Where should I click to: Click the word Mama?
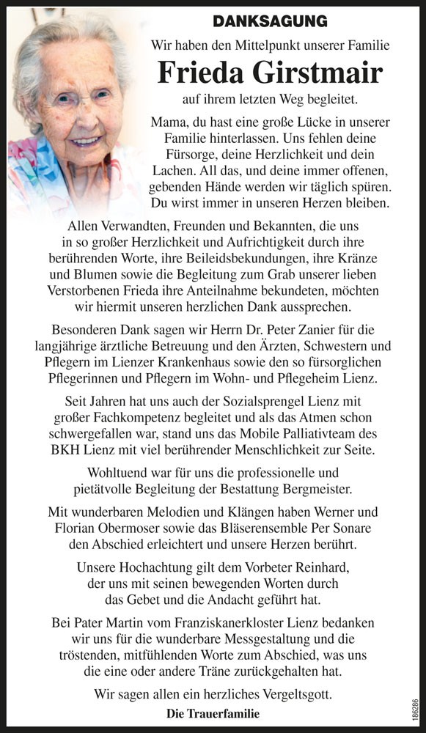tap(169, 122)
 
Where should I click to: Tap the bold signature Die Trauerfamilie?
tap(213, 713)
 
